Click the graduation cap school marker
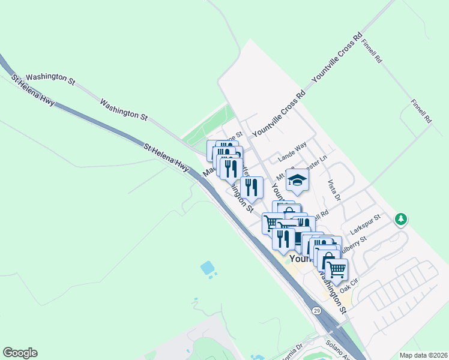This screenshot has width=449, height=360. pos(297,179)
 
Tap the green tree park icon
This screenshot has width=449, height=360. pos(401,220)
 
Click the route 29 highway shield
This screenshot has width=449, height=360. pos(316,310)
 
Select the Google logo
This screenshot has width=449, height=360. pos(20,353)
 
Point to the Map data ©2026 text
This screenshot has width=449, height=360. pos(423,355)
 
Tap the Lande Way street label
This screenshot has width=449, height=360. pos(292,152)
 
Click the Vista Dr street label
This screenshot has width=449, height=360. pos(334,190)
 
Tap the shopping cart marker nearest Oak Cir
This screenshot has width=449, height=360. pos(336,269)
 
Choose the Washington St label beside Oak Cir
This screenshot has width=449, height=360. pos(333,293)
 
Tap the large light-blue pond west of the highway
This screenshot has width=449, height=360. pos(208,268)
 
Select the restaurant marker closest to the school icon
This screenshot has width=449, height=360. pos(252,187)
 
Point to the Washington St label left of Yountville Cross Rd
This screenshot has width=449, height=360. pos(124,110)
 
